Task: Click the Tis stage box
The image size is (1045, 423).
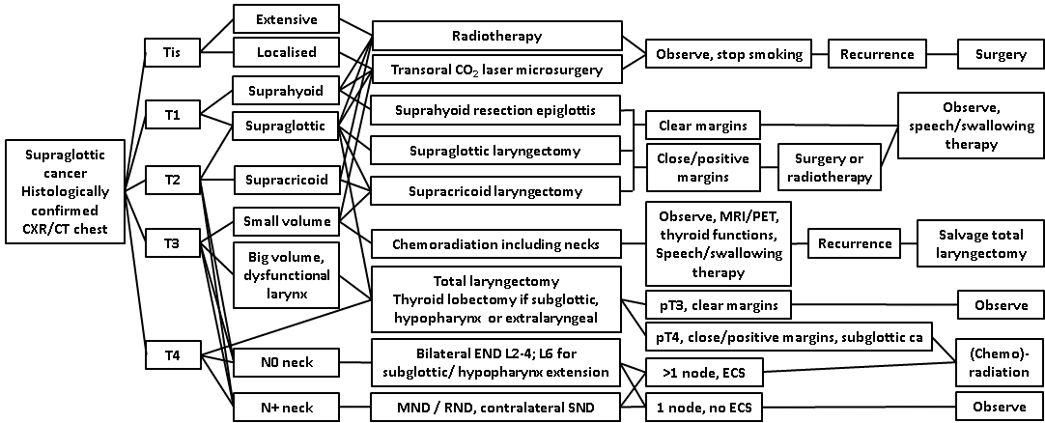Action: tap(173, 52)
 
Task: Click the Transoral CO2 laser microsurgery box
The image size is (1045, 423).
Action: tap(495, 70)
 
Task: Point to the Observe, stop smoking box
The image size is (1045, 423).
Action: tap(729, 54)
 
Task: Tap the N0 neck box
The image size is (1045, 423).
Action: tap(285, 364)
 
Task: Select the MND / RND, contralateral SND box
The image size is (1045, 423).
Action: tap(495, 408)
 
